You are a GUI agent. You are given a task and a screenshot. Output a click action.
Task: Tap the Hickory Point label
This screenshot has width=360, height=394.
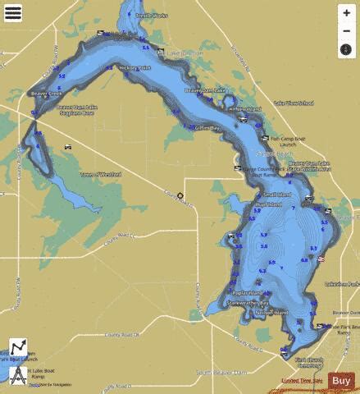(x=134, y=68)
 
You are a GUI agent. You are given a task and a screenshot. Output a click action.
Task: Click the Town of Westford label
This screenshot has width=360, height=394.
(x=101, y=174)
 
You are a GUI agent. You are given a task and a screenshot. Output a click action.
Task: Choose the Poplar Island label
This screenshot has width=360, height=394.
(x=246, y=293)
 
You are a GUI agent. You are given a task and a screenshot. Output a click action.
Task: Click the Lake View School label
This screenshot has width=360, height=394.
(x=293, y=103)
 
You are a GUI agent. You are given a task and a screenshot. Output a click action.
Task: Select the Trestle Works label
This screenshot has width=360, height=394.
(x=153, y=15)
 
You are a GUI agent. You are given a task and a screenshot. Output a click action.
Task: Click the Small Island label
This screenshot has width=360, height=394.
(x=276, y=195)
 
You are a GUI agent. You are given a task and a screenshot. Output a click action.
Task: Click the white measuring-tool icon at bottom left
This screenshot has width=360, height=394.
(x=18, y=348)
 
